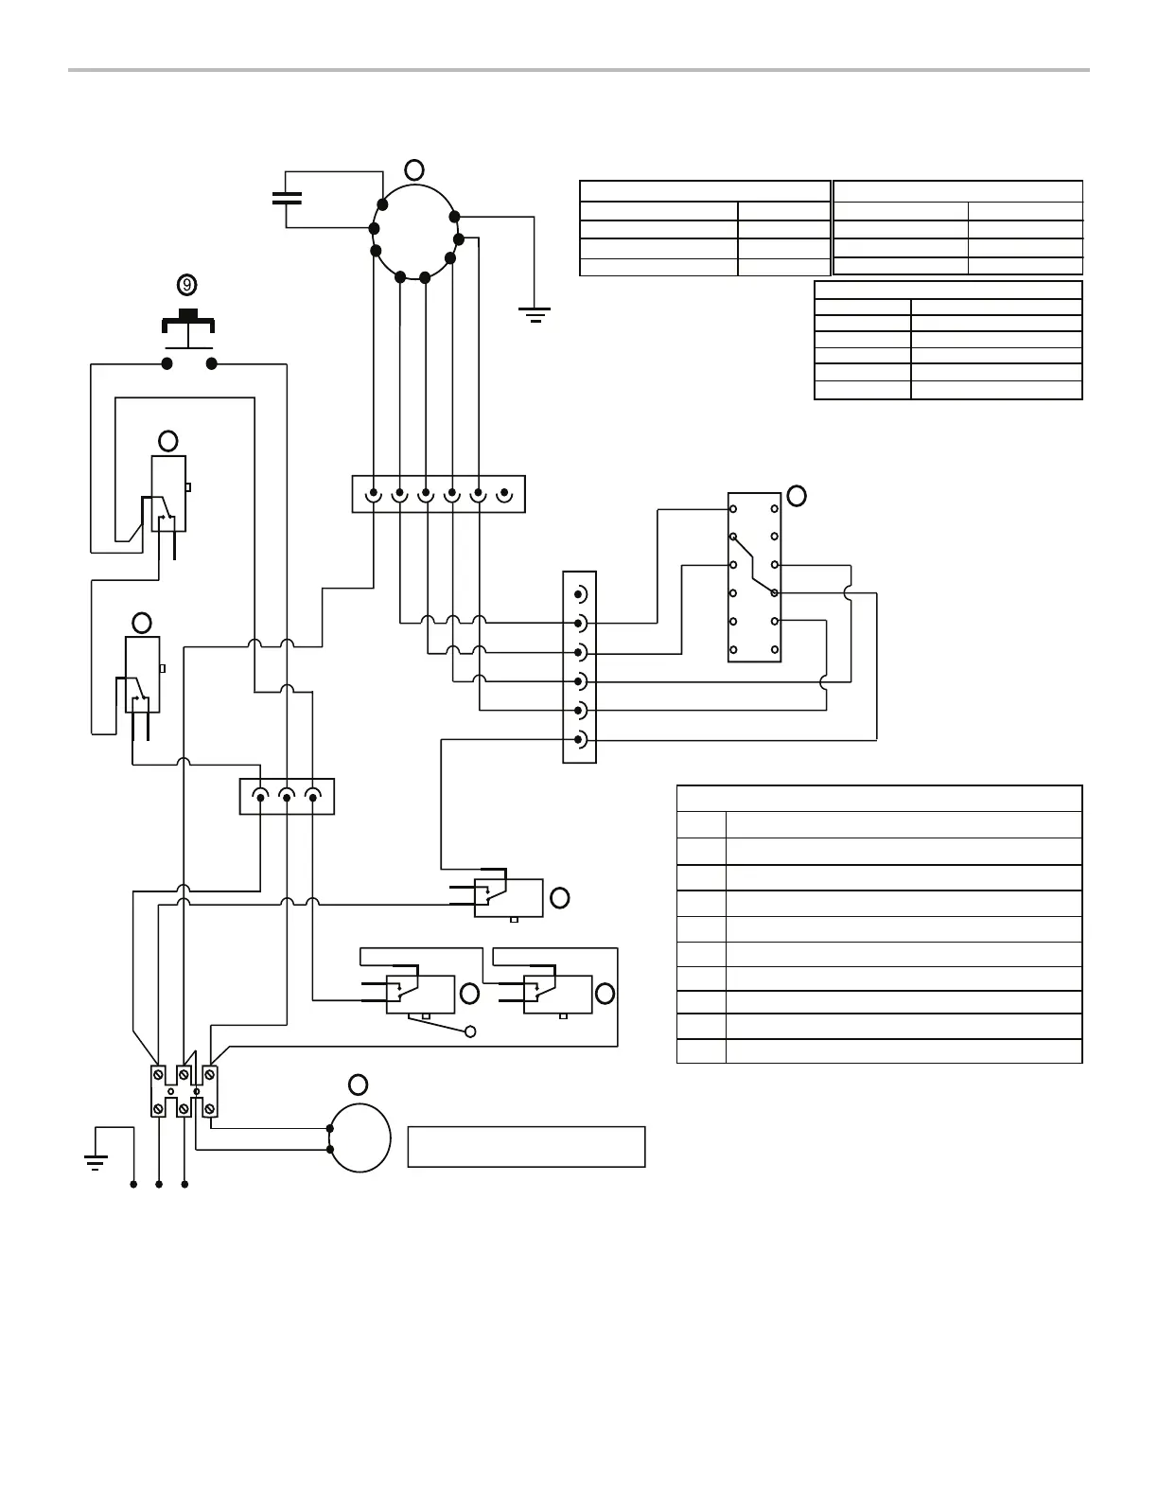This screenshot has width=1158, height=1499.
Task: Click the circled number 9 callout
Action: coord(187,284)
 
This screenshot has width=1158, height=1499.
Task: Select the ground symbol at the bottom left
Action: coord(95,1161)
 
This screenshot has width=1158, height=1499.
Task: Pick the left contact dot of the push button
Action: coord(167,363)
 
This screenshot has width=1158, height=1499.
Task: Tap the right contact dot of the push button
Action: coord(212,363)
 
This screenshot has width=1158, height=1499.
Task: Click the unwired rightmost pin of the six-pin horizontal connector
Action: coord(505,493)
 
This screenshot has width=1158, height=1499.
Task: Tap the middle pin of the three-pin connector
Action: coord(288,796)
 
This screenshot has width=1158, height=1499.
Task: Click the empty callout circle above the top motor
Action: coord(414,169)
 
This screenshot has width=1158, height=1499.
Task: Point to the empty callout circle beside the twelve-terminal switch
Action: coord(797,496)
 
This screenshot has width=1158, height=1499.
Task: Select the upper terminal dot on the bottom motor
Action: coord(330,1128)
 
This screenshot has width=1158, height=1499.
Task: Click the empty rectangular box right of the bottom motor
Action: coord(526,1146)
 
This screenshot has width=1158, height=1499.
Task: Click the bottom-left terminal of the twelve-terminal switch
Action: coord(733,650)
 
